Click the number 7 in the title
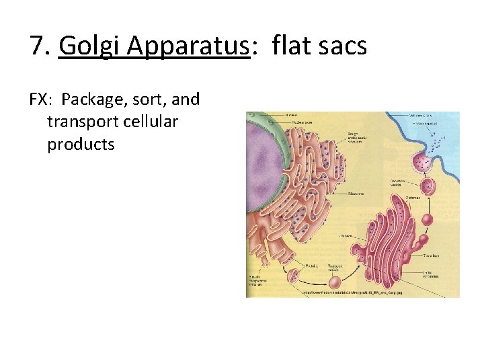(38, 46)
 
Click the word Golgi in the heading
(85, 46)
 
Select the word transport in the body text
(79, 122)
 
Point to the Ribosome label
(356, 194)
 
